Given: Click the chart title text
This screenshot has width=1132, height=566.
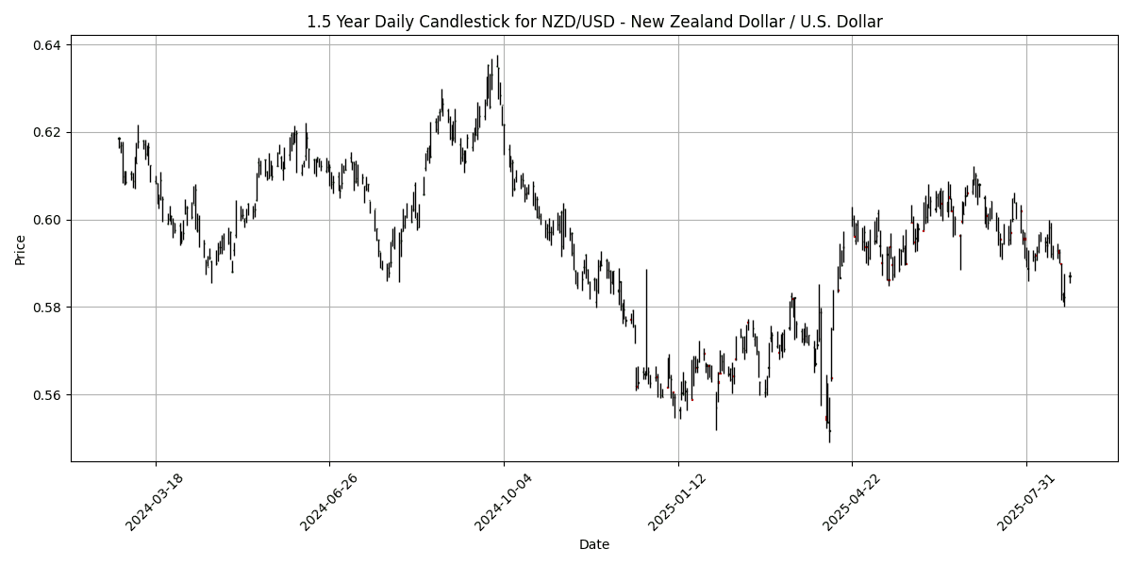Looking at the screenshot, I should (594, 22).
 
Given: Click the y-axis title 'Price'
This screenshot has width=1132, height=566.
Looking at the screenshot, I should (20, 249).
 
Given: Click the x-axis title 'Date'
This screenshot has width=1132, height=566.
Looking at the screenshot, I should (594, 544).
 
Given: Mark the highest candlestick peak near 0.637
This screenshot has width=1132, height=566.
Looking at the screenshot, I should (497, 57).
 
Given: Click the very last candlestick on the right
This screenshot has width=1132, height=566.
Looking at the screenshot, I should (1070, 276).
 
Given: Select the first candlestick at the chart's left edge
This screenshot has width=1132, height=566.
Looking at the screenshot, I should (119, 141).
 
